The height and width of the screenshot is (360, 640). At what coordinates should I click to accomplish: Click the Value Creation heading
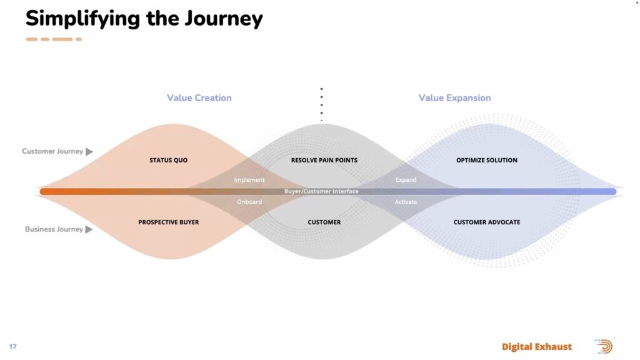click(x=199, y=98)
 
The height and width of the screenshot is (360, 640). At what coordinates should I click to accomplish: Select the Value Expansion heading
click(x=454, y=98)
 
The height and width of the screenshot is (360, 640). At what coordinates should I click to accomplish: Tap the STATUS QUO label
click(x=168, y=161)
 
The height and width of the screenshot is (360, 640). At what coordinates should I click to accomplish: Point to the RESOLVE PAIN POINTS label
click(x=324, y=161)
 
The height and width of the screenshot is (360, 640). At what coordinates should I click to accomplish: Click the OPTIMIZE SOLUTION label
click(x=487, y=161)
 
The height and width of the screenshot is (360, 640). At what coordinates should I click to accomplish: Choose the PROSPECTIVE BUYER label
click(x=169, y=222)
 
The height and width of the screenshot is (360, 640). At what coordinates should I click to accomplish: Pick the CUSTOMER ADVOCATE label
click(x=487, y=222)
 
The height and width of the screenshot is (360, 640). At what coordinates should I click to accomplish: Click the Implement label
click(x=249, y=180)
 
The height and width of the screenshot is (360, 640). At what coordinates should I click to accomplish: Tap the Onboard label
click(x=249, y=202)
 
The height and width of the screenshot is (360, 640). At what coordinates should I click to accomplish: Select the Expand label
click(x=406, y=180)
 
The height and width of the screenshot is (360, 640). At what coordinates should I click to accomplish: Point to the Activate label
click(x=406, y=202)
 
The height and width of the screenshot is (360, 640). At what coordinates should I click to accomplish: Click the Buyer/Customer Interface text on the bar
click(x=321, y=191)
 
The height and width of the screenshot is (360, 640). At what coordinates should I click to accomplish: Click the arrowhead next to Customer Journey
click(x=89, y=152)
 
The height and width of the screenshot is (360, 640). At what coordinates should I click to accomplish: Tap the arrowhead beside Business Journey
click(x=89, y=229)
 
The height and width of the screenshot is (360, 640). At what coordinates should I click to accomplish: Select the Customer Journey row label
click(x=52, y=151)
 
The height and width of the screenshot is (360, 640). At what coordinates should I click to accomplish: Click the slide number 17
click(x=12, y=347)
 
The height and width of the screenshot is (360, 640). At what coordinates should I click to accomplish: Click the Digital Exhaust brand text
click(x=537, y=347)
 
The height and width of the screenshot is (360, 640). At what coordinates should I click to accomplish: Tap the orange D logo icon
click(x=604, y=347)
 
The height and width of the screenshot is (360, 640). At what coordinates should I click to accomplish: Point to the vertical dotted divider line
click(x=322, y=103)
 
